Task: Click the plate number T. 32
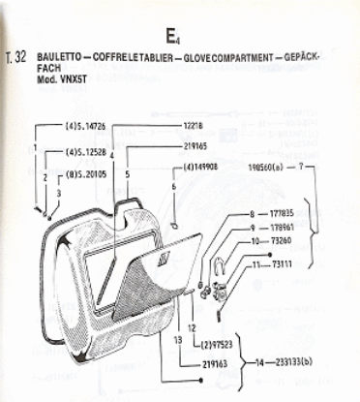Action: [x=16, y=57]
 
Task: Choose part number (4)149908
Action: [x=199, y=165]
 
